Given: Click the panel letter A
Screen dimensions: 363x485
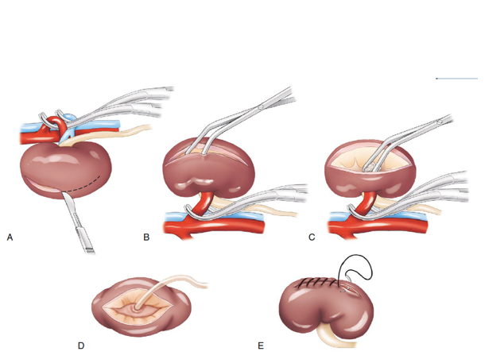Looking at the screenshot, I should [x=10, y=237].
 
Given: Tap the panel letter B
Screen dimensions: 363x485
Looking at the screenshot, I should [x=146, y=237].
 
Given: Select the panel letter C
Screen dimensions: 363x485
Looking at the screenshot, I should [x=312, y=237].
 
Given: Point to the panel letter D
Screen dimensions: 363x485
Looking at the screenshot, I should [x=81, y=346].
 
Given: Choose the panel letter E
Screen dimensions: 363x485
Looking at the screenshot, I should [x=260, y=346].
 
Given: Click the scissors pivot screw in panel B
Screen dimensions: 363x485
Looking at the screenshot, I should [x=259, y=106].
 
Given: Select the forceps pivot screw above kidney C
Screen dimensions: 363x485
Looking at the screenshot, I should [x=436, y=123].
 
